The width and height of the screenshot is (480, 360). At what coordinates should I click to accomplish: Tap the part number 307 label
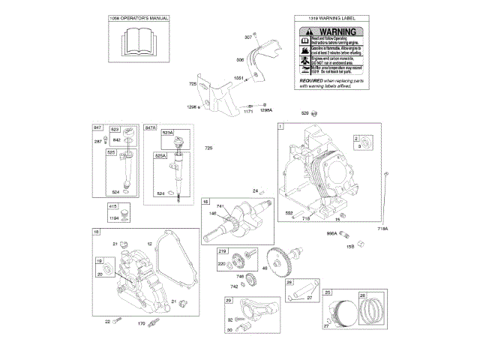(x=248, y=37)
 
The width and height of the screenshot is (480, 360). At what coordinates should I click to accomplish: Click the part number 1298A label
(x=265, y=110)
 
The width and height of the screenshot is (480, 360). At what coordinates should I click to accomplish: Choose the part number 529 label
(x=305, y=112)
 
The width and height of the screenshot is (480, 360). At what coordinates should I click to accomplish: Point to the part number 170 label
(x=141, y=324)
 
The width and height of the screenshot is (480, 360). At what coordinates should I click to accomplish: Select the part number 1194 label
(x=115, y=218)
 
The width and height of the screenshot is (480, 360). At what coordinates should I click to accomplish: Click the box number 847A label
(x=150, y=128)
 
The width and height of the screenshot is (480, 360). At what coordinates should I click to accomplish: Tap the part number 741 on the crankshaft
(x=220, y=206)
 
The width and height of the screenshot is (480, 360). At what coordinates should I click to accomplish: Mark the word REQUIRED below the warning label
(x=311, y=79)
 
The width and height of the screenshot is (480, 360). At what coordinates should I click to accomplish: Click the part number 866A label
(x=331, y=233)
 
